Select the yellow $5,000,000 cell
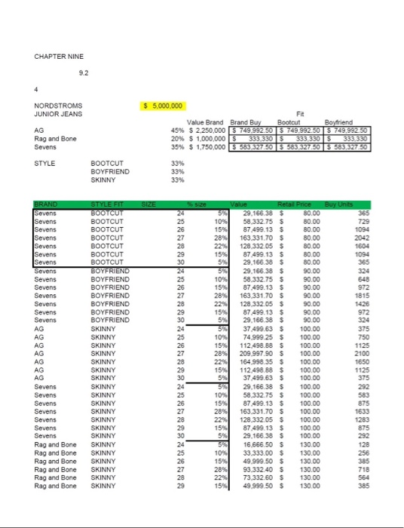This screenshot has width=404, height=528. (x=167, y=106)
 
